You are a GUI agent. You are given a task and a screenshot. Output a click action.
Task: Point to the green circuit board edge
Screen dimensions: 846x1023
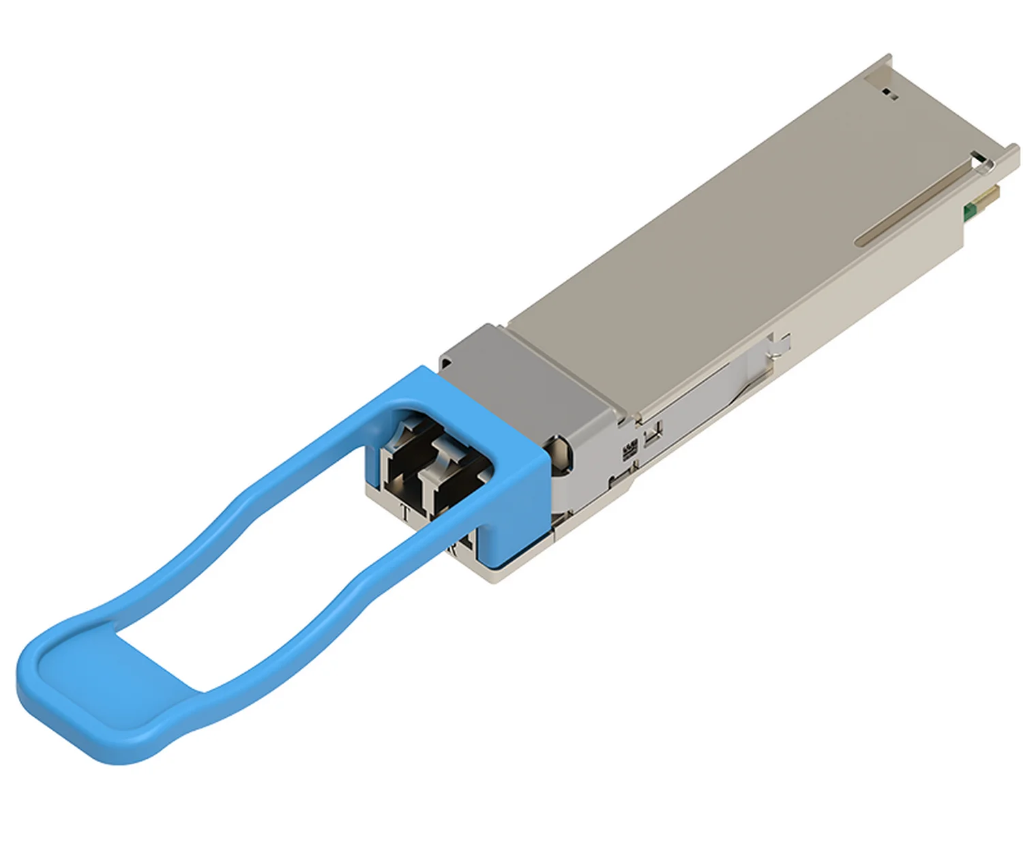pos(967,212)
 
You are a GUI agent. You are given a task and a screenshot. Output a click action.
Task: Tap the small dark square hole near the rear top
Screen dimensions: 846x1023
pos(889,93)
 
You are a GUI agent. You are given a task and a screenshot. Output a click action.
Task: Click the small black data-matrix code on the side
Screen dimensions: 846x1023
pos(627,450)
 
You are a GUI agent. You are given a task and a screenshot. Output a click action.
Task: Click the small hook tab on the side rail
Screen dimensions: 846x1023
pos(781,344)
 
